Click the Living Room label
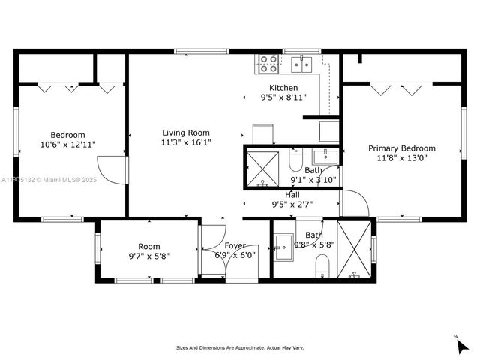(185, 133)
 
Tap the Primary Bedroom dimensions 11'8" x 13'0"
(401, 158)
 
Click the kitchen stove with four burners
(268, 64)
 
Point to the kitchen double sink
(302, 64)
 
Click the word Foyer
(235, 246)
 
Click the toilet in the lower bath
(322, 263)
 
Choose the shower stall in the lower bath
(354, 250)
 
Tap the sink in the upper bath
(325, 157)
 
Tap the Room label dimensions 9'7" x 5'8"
(148, 256)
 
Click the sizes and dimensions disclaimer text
(240, 348)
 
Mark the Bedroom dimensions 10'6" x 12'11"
(67, 144)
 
